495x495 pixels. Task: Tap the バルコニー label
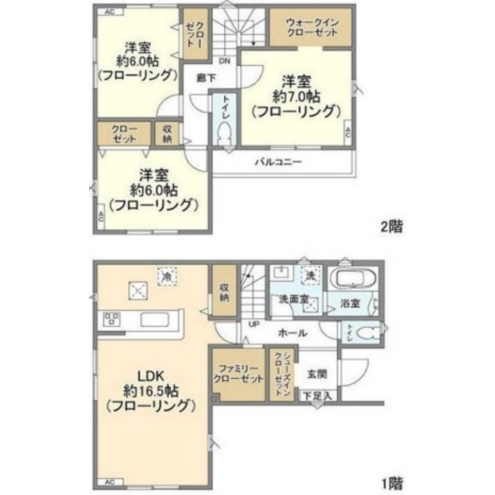click(x=278, y=162)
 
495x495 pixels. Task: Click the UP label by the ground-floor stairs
click(x=254, y=324)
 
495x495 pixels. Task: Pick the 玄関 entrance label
click(x=317, y=374)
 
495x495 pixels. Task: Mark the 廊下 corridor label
click(x=201, y=77)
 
